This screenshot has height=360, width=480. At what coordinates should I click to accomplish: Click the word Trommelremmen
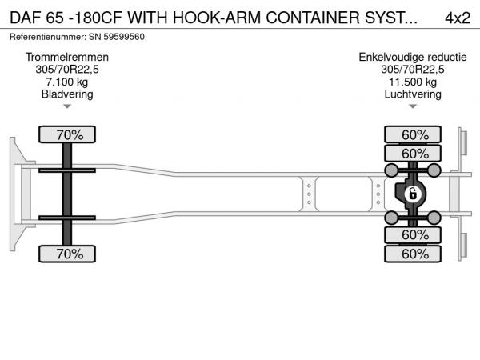[x=67, y=58]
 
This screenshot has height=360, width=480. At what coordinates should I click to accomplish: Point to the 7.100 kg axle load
[x=67, y=82]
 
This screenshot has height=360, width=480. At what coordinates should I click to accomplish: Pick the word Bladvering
[x=67, y=94]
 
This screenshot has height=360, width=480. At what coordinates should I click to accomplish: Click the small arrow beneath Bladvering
[x=67, y=106]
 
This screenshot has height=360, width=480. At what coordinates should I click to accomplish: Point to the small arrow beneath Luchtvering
[x=412, y=106]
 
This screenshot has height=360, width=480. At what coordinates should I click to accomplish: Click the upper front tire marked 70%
[x=67, y=134]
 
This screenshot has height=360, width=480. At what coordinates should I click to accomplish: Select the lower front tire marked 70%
[x=67, y=254]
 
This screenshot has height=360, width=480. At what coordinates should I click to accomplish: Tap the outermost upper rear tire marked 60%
[x=413, y=134]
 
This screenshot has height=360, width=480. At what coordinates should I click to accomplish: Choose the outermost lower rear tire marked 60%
[x=413, y=254]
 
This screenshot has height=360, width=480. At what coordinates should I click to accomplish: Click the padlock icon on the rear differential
[x=413, y=194]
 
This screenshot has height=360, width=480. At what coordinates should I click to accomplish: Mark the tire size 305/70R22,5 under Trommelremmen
[x=67, y=70]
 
